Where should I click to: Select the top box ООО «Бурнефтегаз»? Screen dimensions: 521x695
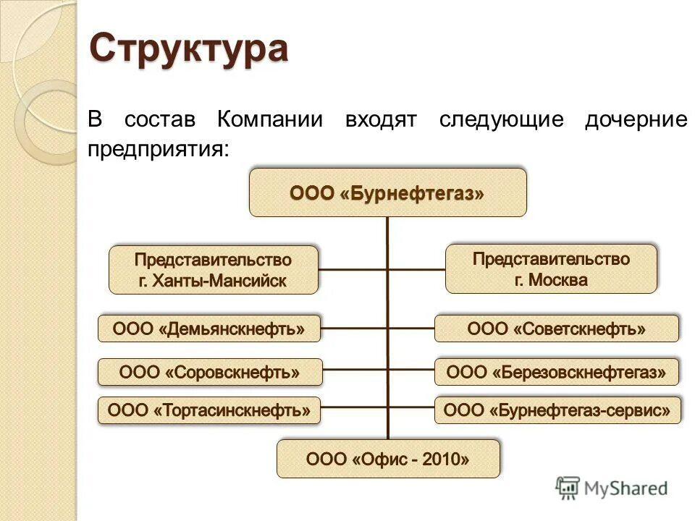[387, 193]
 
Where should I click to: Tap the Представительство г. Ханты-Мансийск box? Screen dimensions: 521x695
[213, 270]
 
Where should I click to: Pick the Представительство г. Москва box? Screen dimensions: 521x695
[551, 269]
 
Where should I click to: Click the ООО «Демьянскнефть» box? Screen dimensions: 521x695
[208, 329]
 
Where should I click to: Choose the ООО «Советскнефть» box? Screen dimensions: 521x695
[556, 329]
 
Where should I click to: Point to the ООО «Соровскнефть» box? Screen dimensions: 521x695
[208, 373]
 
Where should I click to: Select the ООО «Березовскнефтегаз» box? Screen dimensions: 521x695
[556, 373]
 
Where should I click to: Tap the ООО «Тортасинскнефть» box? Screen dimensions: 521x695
[208, 411]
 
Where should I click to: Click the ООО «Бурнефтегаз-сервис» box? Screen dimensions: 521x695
[556, 411]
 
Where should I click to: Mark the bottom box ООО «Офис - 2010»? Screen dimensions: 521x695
[388, 458]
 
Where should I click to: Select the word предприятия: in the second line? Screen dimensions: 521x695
[159, 150]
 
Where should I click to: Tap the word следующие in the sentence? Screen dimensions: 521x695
[500, 119]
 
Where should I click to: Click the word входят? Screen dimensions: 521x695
[381, 119]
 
